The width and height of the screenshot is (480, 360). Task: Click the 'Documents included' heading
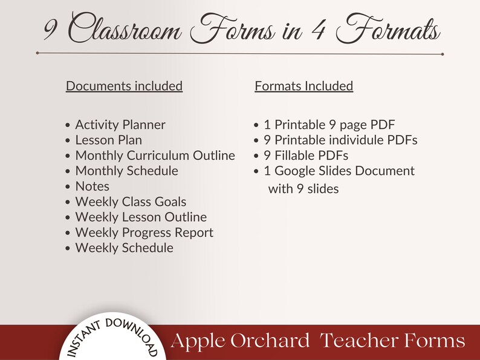(124, 86)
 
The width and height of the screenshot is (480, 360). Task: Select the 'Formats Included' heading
(303, 86)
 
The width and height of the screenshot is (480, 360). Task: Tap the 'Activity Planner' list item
(120, 125)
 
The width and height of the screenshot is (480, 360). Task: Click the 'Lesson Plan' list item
(108, 140)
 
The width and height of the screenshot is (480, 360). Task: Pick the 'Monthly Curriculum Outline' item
(155, 155)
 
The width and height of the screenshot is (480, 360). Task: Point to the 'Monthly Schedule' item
(126, 171)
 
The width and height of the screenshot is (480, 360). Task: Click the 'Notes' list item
(92, 186)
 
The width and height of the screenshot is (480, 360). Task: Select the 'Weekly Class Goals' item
(131, 201)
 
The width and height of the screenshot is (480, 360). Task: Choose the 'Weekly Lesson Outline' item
(141, 217)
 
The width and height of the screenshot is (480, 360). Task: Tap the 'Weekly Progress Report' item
(144, 232)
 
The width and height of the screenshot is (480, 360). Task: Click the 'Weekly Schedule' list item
(124, 247)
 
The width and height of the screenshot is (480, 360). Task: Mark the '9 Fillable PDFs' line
(306, 155)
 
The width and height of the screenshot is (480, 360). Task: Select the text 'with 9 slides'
(303, 189)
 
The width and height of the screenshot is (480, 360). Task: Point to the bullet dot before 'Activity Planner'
(68, 125)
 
